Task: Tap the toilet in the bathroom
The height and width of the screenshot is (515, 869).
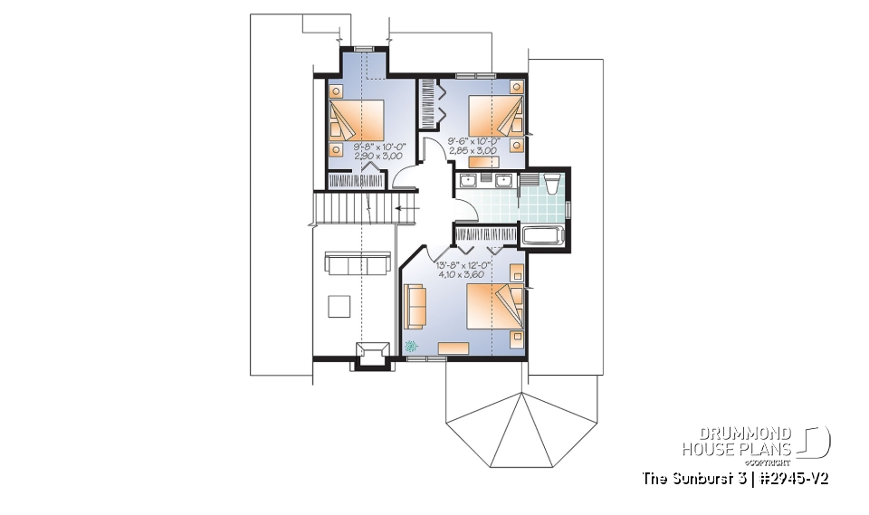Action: (x=554, y=184)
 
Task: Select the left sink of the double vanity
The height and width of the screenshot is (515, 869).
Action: (x=470, y=182)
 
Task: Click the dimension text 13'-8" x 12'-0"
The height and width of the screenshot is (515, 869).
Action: (x=464, y=265)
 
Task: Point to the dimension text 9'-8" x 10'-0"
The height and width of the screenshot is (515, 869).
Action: (x=379, y=146)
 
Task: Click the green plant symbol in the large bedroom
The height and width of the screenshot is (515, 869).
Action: (x=413, y=345)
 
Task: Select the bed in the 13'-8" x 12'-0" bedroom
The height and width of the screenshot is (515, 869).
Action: (x=494, y=307)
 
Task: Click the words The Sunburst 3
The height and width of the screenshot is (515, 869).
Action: (x=689, y=477)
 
